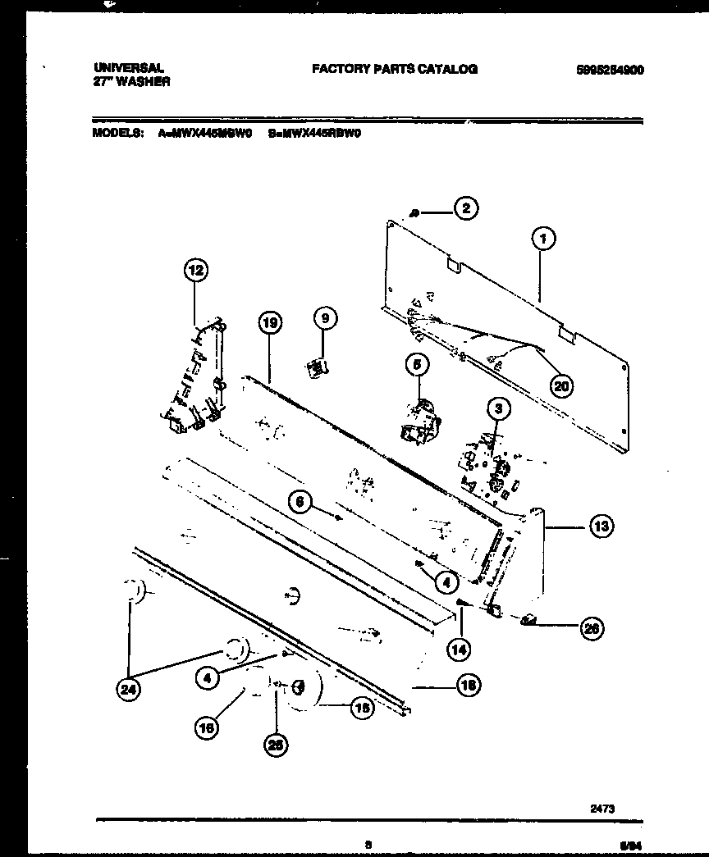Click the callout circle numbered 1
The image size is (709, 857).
click(x=542, y=239)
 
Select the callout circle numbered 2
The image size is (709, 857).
click(x=465, y=208)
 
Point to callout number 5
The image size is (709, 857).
click(x=416, y=364)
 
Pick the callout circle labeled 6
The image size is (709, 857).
click(x=301, y=504)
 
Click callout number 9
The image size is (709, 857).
click(x=323, y=318)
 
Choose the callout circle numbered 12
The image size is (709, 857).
click(x=195, y=271)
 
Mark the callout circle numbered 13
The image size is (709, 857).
click(x=601, y=527)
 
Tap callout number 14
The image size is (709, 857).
click(x=460, y=648)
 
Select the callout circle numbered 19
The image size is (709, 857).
click(x=268, y=324)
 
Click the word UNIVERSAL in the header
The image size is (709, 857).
click(x=129, y=69)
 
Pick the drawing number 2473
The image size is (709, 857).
click(x=603, y=809)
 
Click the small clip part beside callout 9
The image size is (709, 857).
click(x=316, y=368)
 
